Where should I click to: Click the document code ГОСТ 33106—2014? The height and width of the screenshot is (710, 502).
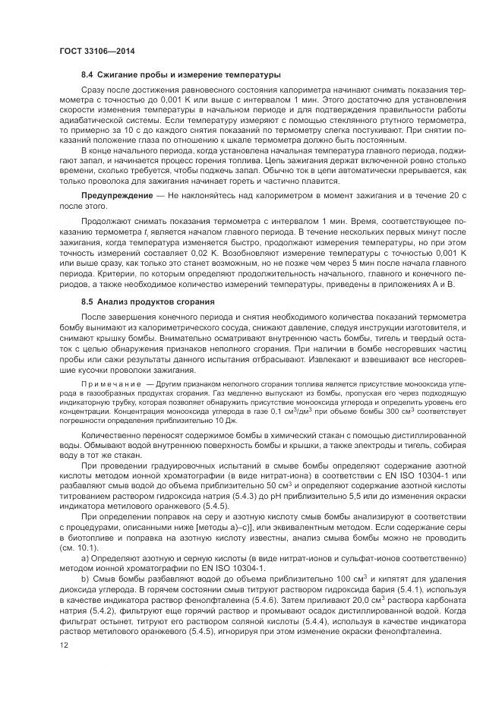(92, 51)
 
